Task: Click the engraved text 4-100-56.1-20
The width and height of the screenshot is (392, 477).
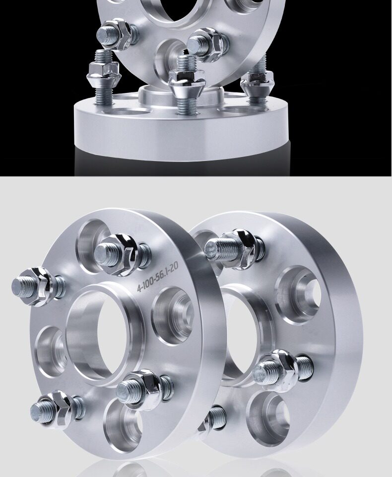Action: pos(158,277)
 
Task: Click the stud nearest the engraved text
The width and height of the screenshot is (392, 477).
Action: pos(122,254)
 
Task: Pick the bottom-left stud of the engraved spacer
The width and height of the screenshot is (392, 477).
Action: pos(57,409)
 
